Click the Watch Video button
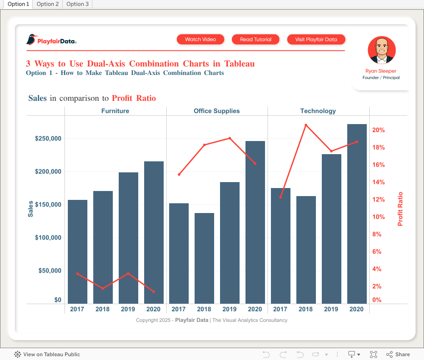201,39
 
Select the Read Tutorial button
256,39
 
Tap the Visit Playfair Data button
316,39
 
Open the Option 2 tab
47,4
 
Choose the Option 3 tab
77,4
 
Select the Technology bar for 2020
357,213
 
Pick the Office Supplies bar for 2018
204,258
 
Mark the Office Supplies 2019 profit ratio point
230,138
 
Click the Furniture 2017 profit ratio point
77,274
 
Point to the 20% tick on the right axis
379,130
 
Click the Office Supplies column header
217,111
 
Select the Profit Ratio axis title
400,209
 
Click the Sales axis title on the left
31,209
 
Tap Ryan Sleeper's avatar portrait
382,50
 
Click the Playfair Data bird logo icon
31,40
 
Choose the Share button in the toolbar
398,354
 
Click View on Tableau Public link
47,354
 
